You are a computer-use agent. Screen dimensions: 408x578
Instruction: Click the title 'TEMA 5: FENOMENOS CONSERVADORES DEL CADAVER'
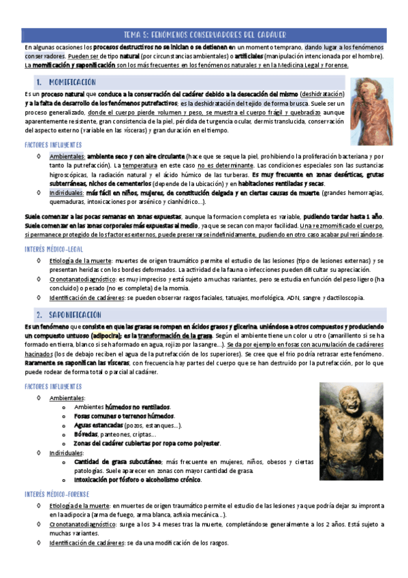204,34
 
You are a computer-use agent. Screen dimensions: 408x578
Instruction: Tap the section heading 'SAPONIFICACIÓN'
70,316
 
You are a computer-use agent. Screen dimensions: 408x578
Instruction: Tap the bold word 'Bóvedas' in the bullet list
86,434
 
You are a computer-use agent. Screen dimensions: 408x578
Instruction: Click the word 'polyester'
206,443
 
